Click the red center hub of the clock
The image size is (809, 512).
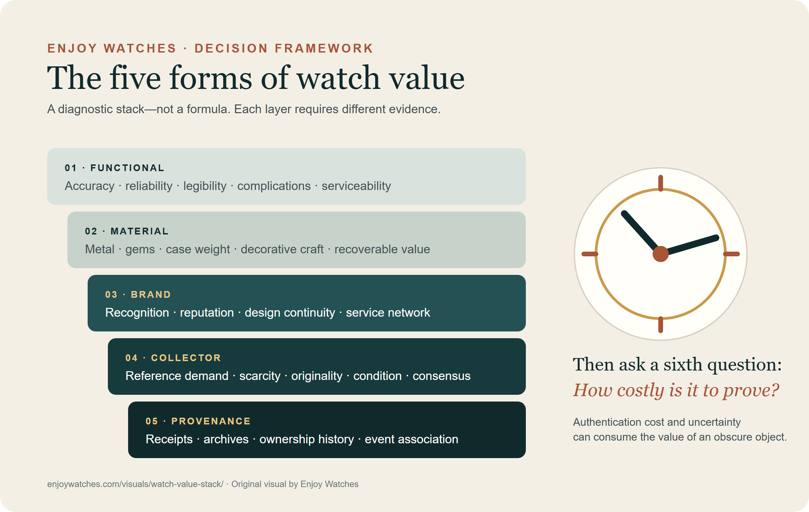661,254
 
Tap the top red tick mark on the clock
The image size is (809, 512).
661,183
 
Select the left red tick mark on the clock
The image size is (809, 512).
590,254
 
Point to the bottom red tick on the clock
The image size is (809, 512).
661,325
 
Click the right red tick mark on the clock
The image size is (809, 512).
731,254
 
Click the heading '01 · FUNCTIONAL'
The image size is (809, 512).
114,168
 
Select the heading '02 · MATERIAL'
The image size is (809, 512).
126,231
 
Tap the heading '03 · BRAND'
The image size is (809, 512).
138,294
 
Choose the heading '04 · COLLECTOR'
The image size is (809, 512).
173,358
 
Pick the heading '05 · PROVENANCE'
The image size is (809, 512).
198,421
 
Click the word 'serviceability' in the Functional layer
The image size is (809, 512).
356,186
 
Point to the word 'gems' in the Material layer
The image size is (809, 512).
140,250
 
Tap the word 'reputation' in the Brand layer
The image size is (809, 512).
207,313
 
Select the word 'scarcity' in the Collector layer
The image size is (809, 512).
260,376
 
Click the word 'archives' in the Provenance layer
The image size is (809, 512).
226,439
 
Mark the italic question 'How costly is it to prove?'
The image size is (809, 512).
676,391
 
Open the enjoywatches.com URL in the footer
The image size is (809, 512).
135,484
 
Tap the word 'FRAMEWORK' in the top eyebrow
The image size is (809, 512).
324,48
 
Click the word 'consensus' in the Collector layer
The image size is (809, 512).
442,376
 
